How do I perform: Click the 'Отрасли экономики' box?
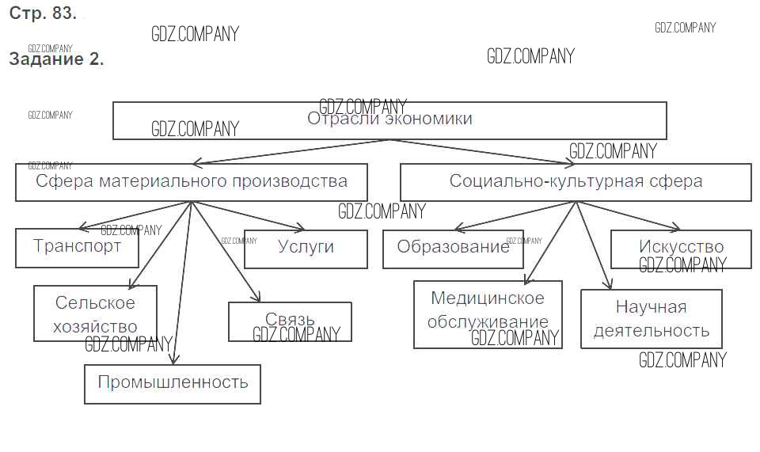point(389,120)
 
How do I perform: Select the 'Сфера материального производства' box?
point(192,181)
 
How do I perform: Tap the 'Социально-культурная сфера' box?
point(576,181)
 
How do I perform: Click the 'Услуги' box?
point(306,249)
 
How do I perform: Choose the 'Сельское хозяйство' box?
point(95,314)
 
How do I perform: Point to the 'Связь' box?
point(290,321)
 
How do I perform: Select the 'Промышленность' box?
point(173,383)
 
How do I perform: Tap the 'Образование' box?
point(453,249)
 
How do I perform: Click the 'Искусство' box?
point(681,249)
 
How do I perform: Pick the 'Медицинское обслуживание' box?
point(488,313)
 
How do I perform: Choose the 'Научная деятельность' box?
point(651,318)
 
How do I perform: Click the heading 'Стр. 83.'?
point(43,13)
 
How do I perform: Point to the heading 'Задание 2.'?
point(55,59)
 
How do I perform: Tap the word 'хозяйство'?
point(95,326)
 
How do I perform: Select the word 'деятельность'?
point(651,330)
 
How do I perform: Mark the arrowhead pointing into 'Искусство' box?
point(674,226)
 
